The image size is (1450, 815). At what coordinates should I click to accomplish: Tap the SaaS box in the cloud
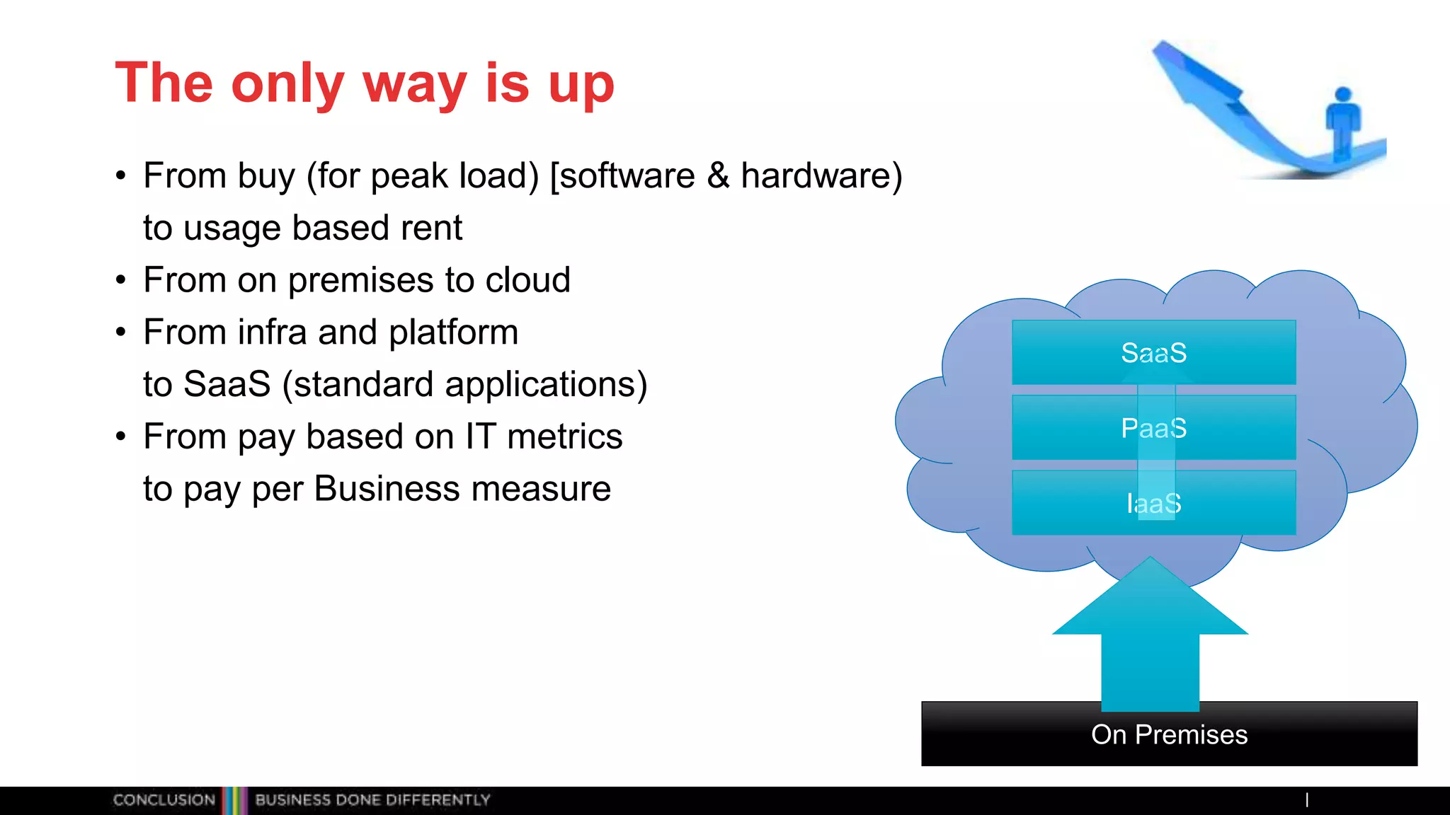[x=1153, y=352]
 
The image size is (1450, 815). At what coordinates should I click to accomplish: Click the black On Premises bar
[x=1169, y=734]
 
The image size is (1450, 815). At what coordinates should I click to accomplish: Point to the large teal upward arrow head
[x=1150, y=601]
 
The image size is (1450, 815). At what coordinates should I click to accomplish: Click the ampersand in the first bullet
[x=718, y=175]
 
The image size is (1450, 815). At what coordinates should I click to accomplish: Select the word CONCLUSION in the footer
[x=164, y=800]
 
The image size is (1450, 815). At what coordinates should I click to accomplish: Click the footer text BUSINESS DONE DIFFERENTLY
[x=372, y=800]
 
